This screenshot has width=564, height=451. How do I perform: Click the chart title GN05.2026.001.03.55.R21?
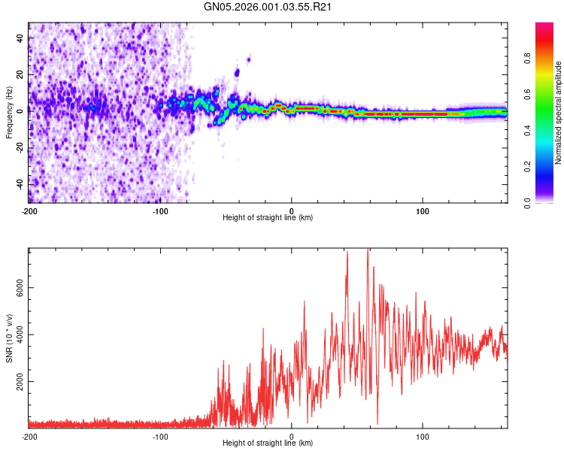tap(268, 7)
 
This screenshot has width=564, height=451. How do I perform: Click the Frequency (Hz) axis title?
tap(9, 113)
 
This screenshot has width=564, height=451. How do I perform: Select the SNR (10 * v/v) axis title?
tap(9, 338)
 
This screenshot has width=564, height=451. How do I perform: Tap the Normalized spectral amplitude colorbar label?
tap(559, 113)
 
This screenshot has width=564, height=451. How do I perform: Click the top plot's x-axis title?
tap(268, 218)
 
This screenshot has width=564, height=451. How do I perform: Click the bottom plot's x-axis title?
tap(268, 443)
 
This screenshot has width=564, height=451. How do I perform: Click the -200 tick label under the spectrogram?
tap(29, 210)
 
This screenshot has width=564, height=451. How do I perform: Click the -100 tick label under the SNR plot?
tap(160, 436)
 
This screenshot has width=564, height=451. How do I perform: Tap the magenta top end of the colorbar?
tap(544, 26)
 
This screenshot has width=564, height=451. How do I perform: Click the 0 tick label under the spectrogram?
tap(292, 210)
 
